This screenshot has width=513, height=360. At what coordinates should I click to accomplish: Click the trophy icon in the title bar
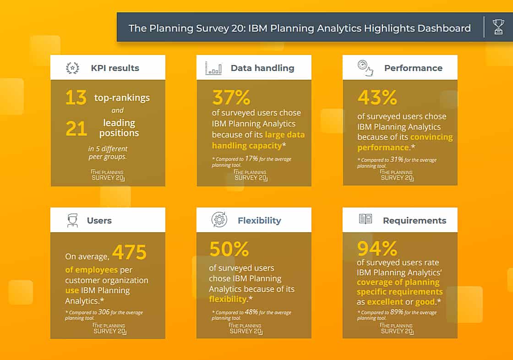[x=498, y=27]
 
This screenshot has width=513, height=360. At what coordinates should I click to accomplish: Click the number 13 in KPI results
[x=76, y=98]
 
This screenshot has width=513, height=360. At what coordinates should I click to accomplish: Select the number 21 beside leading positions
[x=76, y=129]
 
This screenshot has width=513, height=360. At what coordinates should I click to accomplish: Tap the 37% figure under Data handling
[x=231, y=98]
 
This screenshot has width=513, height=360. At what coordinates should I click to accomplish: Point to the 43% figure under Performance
[x=377, y=98]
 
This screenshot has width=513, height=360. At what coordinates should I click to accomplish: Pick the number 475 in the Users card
[x=129, y=252]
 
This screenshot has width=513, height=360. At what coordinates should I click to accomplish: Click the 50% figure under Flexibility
[x=229, y=249]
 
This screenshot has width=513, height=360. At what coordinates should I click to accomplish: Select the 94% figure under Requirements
[x=377, y=248]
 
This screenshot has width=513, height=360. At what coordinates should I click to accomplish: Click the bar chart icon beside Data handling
[x=213, y=68]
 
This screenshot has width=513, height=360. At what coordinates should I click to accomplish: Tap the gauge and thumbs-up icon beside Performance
[x=365, y=67]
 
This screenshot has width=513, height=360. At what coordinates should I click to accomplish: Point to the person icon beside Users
[x=72, y=220]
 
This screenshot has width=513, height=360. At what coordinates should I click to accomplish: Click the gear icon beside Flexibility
[x=219, y=220]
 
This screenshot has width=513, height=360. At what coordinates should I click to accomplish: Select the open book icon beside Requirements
[x=365, y=219]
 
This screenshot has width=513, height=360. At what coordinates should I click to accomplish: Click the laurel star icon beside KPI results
[x=72, y=68]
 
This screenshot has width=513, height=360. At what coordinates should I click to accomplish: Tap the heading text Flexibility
[x=259, y=220]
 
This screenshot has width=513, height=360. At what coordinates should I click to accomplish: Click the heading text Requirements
[x=415, y=220]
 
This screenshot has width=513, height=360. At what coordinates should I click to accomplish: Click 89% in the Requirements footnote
[x=397, y=312]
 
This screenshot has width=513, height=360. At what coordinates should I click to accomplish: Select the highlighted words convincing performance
[x=405, y=142]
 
